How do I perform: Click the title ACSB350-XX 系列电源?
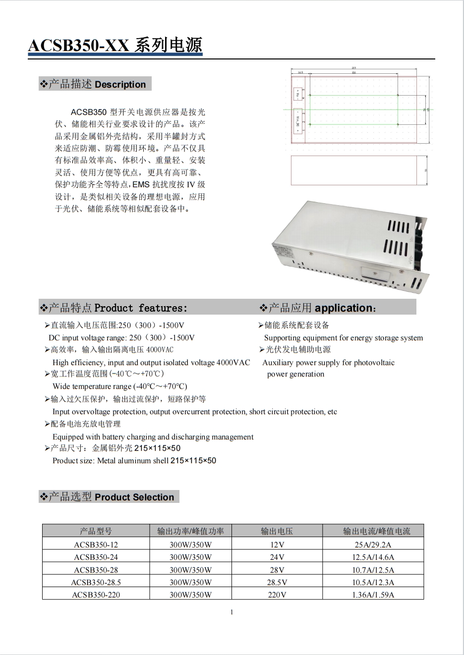coord(115,46)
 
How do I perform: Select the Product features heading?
coord(114,308)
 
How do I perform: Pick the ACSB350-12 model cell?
coord(96,545)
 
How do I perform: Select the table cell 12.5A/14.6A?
coord(373,557)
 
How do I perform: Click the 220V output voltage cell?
coord(277,595)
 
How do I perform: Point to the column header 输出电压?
coord(277,531)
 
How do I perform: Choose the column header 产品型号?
coord(96,531)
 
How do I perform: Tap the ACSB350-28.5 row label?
coord(96,582)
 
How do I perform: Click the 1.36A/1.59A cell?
coord(373,595)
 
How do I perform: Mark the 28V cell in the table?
coord(277,570)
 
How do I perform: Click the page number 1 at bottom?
coord(232,612)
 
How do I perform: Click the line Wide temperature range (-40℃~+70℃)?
coord(120,386)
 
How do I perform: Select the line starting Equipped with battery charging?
coord(153,437)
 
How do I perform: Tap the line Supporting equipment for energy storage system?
coord(344,338)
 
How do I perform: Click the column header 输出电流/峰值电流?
coord(373,531)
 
